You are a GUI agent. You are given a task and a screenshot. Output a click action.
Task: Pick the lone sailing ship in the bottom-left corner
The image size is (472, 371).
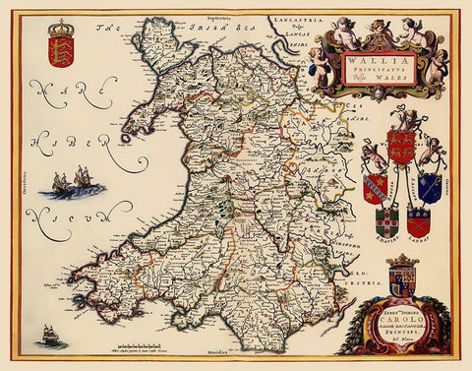tap(49, 337)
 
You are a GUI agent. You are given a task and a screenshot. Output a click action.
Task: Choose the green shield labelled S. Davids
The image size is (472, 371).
tap(386, 220)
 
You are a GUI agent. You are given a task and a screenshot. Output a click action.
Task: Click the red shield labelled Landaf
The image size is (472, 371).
tap(419, 220)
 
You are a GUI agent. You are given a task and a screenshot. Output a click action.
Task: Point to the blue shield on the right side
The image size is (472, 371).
tap(429, 185)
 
